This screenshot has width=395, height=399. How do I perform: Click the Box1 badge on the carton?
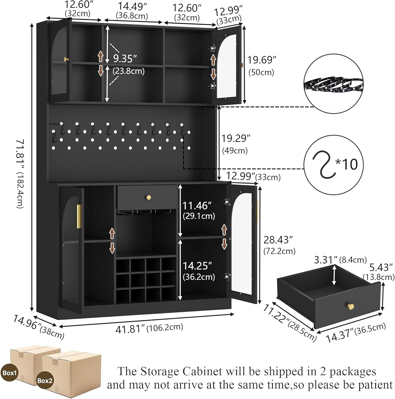tap(10, 373)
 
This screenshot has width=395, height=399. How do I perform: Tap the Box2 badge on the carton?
tap(45, 380)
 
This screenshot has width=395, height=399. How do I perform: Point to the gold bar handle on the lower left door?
tap(78, 216)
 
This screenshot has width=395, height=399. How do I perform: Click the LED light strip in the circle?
tap(333, 85)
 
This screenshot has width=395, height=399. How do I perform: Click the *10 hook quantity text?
tap(347, 164)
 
